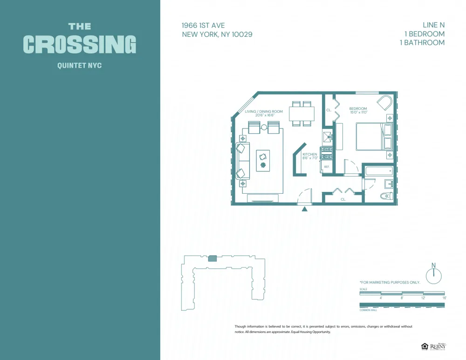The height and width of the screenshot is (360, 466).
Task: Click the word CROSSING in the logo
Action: (x=80, y=44)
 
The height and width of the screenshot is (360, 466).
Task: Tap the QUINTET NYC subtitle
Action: (x=79, y=66)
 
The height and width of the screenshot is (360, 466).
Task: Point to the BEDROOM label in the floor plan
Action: (x=358, y=109)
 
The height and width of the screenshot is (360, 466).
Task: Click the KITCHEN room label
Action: (x=310, y=154)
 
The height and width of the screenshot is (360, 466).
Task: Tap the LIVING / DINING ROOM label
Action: (x=264, y=111)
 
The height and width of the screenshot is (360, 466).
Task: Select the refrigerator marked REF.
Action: (x=327, y=167)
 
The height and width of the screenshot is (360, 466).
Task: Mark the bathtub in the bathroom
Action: (x=379, y=170)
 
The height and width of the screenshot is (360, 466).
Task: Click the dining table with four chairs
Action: (x=302, y=114)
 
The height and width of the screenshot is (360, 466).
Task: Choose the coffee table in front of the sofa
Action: (x=263, y=160)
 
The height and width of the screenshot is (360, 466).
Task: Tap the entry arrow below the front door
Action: (x=305, y=209)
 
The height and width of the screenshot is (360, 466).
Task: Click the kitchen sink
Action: (x=327, y=136)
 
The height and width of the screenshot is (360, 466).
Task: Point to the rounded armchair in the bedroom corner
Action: (x=385, y=103)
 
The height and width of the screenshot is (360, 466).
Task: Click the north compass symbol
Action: (x=433, y=275)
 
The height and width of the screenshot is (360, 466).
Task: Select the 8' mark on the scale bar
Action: (x=402, y=298)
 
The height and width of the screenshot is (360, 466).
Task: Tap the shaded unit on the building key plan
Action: (x=212, y=258)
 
